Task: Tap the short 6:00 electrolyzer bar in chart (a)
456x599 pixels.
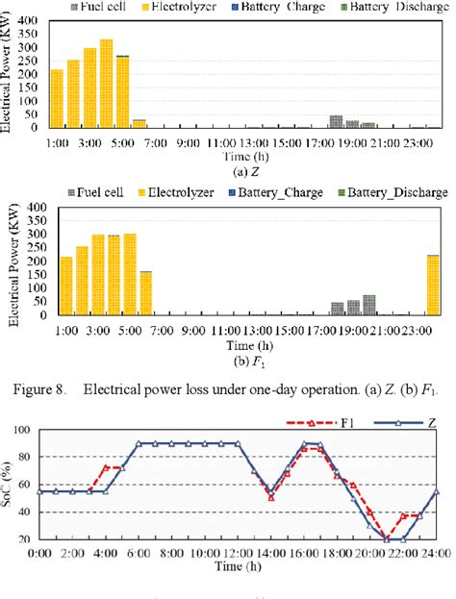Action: coord(139,123)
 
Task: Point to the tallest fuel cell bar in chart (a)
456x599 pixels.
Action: coord(336,121)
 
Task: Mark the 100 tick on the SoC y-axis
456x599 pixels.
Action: coord(21,458)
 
